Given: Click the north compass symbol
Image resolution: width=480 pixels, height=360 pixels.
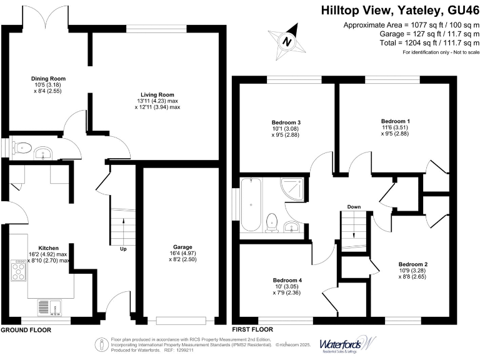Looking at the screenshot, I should (287, 42).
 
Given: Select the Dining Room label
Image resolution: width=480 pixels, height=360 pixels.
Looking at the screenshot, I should (48, 79).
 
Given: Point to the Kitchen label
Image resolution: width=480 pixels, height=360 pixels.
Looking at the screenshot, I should (48, 247).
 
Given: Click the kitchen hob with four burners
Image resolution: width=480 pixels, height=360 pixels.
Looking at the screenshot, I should (17, 270).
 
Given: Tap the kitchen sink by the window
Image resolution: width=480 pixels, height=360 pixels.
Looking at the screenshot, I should (49, 307).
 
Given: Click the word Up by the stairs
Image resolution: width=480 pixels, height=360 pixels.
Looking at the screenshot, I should (124, 249).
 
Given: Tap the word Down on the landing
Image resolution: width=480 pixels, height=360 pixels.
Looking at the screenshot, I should (354, 207).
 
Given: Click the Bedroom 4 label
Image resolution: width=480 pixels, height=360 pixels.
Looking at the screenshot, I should (287, 280).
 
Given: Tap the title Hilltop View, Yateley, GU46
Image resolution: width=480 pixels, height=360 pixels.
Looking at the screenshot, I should (400, 10).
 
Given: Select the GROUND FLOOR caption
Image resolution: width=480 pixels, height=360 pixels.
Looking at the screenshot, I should (26, 329).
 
